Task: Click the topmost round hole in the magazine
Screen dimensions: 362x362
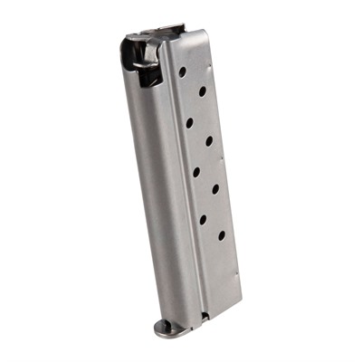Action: point(182,71)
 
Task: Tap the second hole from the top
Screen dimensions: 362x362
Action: point(201,90)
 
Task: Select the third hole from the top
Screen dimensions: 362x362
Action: point(189,120)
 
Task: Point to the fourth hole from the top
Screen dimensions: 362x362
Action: point(208,140)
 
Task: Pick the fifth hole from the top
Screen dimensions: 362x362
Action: point(195,169)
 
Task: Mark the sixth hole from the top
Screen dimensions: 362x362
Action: point(214,188)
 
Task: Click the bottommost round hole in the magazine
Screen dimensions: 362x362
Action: point(221,236)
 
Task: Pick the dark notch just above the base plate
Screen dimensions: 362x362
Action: point(204,316)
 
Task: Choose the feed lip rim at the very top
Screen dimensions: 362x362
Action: point(154,33)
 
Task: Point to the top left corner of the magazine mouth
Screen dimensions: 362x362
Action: point(125,41)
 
